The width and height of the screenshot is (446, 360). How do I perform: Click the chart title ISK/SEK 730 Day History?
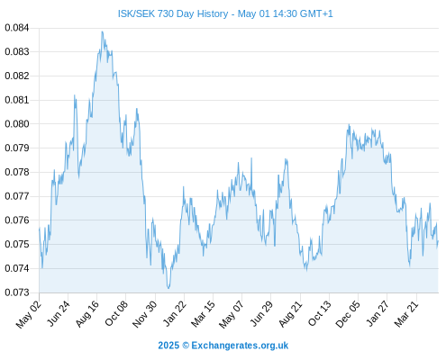(173, 13)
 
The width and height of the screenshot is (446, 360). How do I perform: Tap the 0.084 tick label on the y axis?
(17, 28)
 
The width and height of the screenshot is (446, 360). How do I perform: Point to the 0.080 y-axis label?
(17, 124)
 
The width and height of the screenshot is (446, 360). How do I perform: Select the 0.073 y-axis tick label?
(17, 292)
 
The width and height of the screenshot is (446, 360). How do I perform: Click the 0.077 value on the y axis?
(17, 196)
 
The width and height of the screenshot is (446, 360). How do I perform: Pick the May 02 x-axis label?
(29, 314)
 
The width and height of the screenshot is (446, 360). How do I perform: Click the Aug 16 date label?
(87, 314)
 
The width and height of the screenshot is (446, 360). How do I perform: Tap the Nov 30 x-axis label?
(145, 314)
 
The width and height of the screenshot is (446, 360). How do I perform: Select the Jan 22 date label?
(175, 313)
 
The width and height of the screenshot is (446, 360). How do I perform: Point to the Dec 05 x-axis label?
(348, 314)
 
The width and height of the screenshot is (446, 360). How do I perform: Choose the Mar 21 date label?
(406, 314)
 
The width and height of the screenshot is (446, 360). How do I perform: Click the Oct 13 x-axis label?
(320, 313)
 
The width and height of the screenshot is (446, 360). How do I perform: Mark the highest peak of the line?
(102, 31)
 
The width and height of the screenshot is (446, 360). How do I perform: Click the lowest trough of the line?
(168, 288)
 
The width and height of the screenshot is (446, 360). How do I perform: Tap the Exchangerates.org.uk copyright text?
(223, 346)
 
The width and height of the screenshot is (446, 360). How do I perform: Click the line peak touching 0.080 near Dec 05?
(349, 124)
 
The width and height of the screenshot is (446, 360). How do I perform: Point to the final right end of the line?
(438, 241)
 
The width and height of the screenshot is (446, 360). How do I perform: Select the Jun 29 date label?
(262, 313)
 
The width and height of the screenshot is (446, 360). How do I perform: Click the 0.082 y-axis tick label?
(17, 76)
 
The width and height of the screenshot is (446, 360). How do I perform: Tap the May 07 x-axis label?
(232, 314)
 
